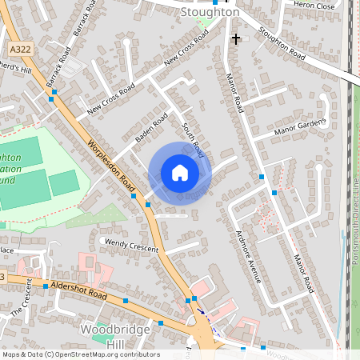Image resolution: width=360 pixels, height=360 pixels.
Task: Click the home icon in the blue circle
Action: point(180,173)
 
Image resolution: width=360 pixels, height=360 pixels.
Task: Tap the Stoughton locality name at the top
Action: point(210,13)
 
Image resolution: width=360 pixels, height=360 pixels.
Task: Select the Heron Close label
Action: point(314,5)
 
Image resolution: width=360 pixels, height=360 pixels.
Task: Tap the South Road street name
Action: point(194,139)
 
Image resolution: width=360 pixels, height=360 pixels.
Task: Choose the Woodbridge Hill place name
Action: point(113,335)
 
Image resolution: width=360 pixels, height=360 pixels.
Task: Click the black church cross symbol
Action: point(235,38)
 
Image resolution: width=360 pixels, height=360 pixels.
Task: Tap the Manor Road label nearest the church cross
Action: point(235,93)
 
